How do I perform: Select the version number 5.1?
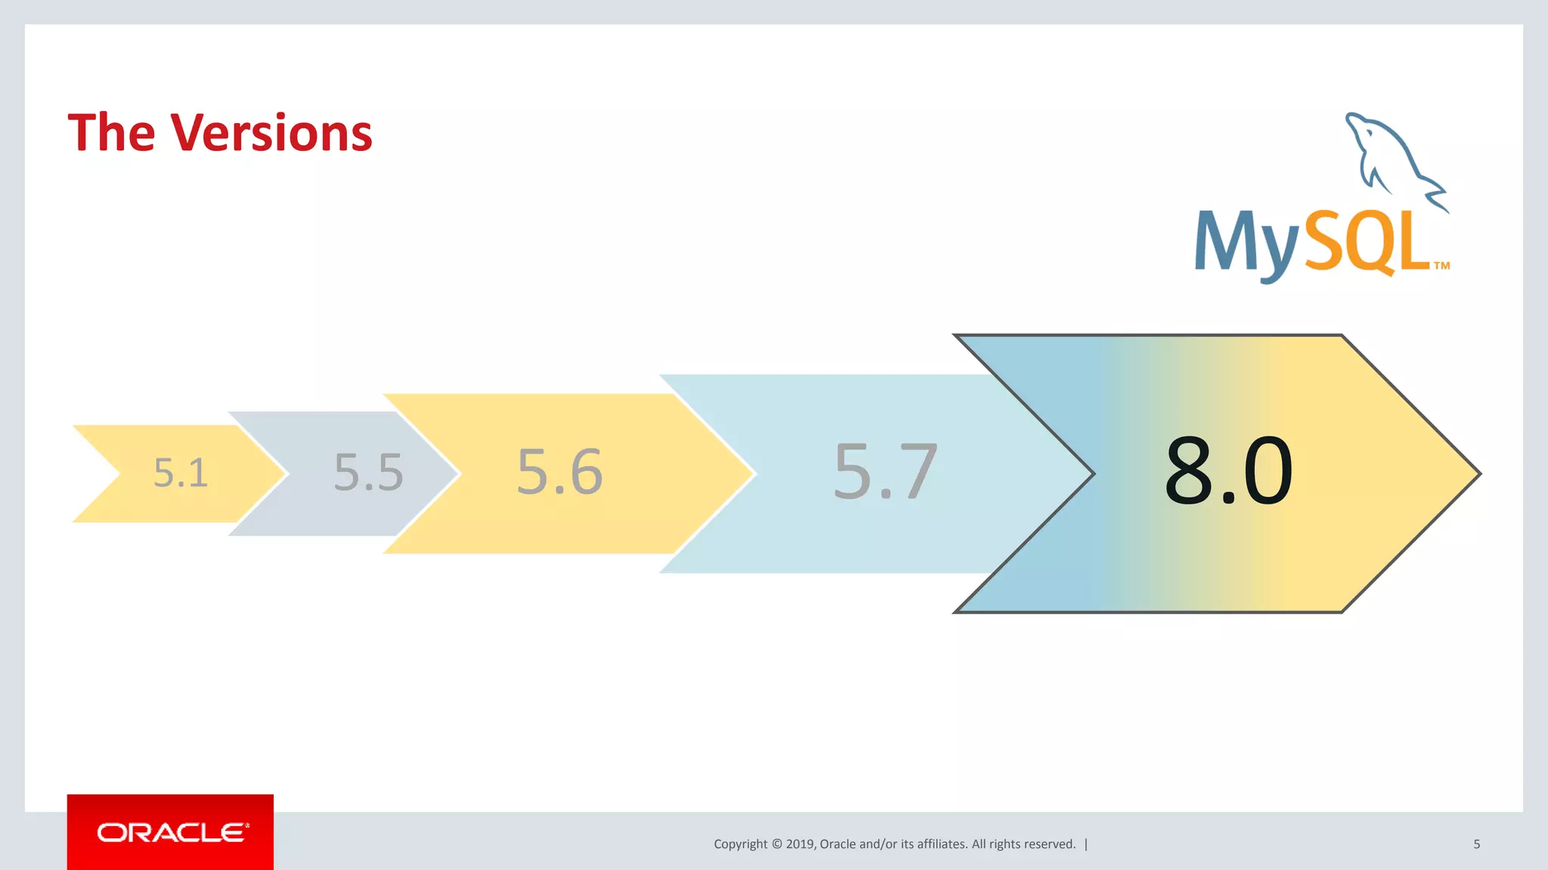coord(181,474)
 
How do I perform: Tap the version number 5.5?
coord(369,474)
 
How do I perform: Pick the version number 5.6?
coord(559,472)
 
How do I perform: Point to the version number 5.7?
coord(885,472)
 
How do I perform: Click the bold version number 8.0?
coord(1228,472)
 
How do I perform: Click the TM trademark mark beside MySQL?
coord(1441,266)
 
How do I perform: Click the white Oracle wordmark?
coord(172,832)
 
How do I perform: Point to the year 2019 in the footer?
coord(800,844)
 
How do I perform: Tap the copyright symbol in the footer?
coord(776,844)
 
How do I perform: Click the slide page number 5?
coord(1476,844)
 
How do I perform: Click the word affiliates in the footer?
coord(941,844)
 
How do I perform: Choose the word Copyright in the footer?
coord(740,844)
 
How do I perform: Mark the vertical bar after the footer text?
coord(1086,844)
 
